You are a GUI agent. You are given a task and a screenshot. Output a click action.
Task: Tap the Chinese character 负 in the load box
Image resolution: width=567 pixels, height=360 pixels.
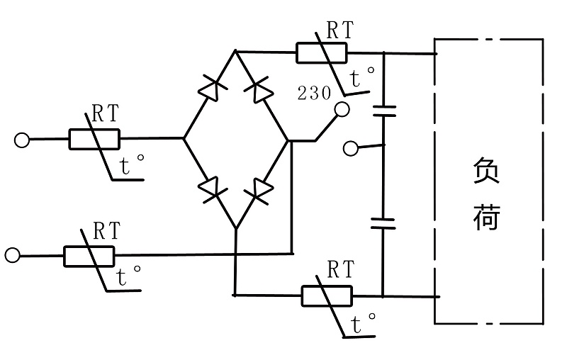pyautogui.click(x=486, y=171)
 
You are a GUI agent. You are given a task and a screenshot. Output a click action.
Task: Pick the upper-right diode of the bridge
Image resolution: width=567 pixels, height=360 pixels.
pyautogui.click(x=259, y=90)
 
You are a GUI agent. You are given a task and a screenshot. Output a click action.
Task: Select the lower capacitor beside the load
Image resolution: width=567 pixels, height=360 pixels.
pyautogui.click(x=383, y=223)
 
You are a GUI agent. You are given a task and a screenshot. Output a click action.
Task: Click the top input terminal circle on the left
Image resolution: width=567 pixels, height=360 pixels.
pyautogui.click(x=22, y=140)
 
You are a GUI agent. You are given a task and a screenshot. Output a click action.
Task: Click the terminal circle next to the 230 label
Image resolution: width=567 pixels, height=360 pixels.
pyautogui.click(x=342, y=109)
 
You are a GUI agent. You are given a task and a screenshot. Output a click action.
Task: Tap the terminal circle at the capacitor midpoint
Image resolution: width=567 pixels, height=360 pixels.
pyautogui.click(x=350, y=148)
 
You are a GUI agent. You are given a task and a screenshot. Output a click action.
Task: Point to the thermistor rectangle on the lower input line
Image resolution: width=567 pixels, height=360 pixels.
pyautogui.click(x=89, y=255)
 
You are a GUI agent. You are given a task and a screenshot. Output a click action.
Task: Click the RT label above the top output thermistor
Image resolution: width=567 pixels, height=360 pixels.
pyautogui.click(x=339, y=30)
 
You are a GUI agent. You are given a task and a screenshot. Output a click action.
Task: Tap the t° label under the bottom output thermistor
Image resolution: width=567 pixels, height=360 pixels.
pyautogui.click(x=366, y=325)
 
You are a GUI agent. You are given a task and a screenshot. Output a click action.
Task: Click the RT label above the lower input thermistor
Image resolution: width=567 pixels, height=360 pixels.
pyautogui.click(x=107, y=231)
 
